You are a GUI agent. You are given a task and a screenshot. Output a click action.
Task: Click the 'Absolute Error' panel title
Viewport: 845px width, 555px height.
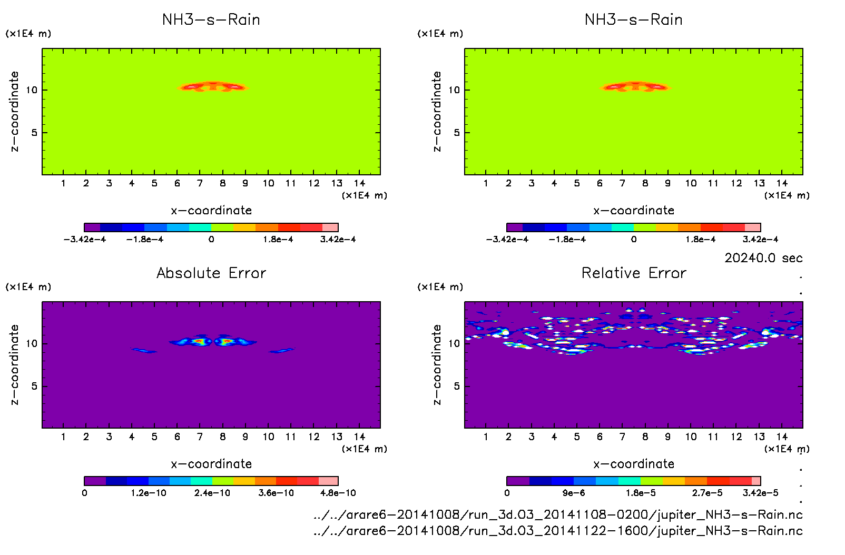pos(211,273)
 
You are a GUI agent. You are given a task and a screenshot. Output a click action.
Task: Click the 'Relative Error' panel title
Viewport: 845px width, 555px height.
pos(634,273)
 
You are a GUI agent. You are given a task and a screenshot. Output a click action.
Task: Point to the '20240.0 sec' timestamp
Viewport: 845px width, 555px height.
pos(763,258)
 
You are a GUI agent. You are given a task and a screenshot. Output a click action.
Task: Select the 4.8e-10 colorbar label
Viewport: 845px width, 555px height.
pos(338,493)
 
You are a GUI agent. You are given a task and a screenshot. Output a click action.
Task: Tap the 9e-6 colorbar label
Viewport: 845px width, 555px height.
pos(573,493)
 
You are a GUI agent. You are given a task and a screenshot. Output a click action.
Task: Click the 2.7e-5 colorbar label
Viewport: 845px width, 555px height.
pos(707,493)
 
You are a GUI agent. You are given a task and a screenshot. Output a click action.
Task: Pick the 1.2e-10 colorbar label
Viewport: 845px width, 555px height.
pos(149,493)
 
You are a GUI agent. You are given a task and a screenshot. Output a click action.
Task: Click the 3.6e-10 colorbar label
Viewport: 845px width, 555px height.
pos(276,493)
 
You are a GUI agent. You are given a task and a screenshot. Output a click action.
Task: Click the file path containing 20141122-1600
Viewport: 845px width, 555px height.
pos(558,531)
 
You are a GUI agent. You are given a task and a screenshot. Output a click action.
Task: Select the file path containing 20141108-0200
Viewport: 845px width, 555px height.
pos(558,514)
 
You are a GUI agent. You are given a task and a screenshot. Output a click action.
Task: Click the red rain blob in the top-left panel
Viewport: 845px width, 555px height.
pos(213,86)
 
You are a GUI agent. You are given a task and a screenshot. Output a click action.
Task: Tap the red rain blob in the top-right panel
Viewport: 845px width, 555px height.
pos(635,86)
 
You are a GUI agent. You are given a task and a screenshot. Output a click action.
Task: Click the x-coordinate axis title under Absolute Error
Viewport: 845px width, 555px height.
pos(211,464)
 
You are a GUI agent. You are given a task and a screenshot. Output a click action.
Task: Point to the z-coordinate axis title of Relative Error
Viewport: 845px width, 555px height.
pos(437,365)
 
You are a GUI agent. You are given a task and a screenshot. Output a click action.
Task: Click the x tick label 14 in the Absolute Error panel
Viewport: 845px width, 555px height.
pos(359,437)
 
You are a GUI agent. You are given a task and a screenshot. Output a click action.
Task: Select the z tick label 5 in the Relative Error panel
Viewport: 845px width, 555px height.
pos(457,386)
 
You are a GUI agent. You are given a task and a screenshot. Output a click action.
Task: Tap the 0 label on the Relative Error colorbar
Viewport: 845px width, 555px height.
pos(507,493)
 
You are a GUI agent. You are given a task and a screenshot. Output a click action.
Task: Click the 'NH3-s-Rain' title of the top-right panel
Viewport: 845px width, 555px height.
pos(634,19)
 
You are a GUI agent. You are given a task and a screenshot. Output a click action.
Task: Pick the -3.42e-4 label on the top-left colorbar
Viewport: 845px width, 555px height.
pos(85,240)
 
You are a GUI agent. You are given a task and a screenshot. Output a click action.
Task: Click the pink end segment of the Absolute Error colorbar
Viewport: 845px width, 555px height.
pos(328,481)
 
